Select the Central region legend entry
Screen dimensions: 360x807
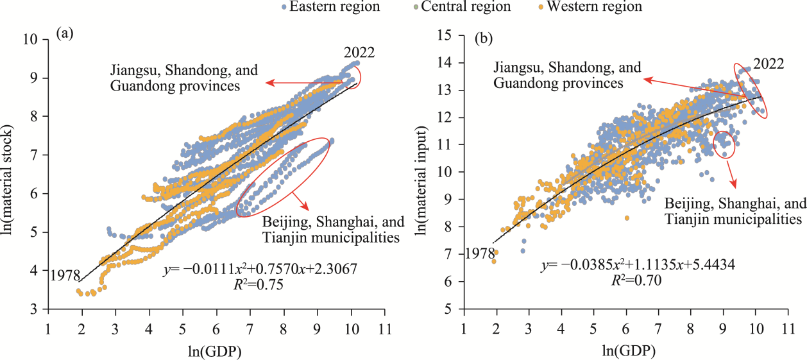pyautogui.click(x=466, y=7)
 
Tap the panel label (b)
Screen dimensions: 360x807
pyautogui.click(x=483, y=39)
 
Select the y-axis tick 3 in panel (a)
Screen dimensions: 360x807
pyautogui.click(x=37, y=310)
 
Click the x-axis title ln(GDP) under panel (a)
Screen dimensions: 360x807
pyautogui.click(x=216, y=350)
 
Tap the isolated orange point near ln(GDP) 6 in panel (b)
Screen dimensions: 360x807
pyautogui.click(x=627, y=218)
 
